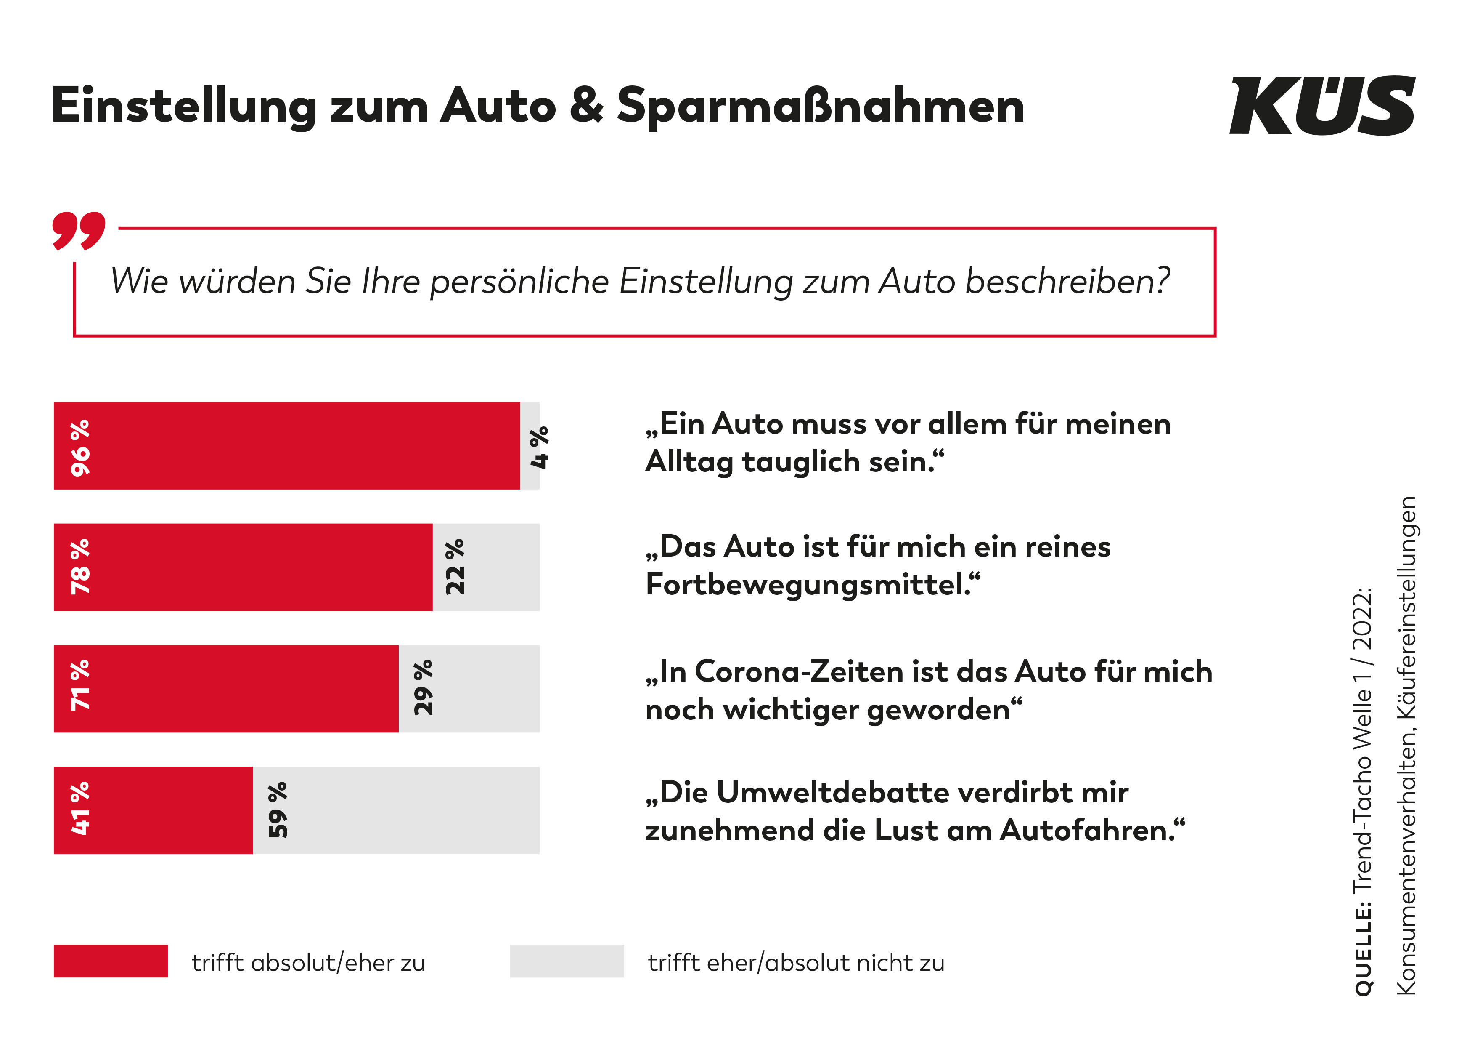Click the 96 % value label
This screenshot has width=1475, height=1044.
pos(81,447)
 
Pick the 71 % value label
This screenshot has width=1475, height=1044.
pos(81,685)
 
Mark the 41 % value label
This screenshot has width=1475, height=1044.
pos(81,809)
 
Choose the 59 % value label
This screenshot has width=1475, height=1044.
pos(278,810)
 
